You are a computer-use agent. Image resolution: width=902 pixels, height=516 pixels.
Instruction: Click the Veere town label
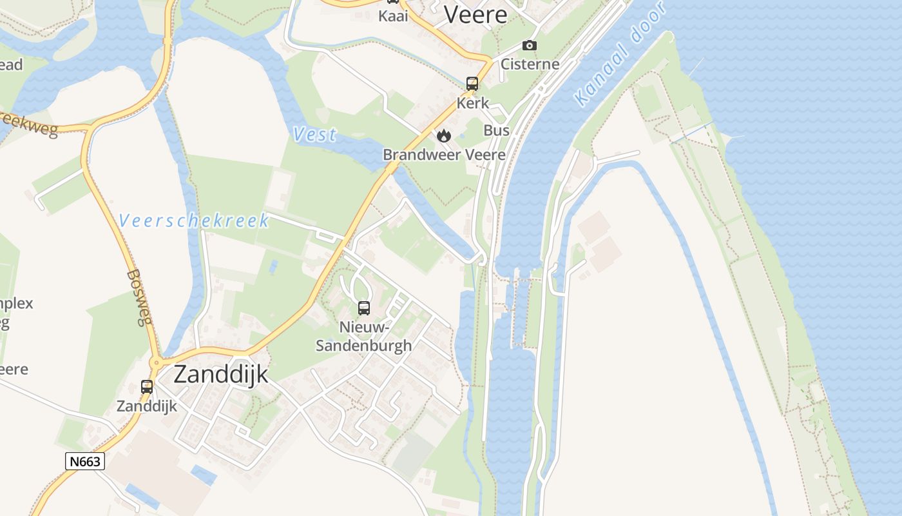[x=475, y=14]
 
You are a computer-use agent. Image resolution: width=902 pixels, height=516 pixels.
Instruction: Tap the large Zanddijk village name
[x=220, y=374]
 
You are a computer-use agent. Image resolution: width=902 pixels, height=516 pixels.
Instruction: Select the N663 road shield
[x=85, y=461]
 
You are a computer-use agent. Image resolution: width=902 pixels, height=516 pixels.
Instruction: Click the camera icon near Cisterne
[x=529, y=45]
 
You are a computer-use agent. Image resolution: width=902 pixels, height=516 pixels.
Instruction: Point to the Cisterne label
[x=530, y=64]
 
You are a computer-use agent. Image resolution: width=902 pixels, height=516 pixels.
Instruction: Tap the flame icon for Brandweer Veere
[x=443, y=135]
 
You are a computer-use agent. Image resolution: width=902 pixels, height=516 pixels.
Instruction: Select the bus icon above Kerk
[x=472, y=84]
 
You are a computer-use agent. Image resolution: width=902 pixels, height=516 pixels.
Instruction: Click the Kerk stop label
[x=472, y=103]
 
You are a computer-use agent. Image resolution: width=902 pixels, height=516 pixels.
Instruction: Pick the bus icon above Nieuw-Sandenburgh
[x=364, y=308]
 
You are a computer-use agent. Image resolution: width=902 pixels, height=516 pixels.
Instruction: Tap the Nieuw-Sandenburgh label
[x=363, y=336]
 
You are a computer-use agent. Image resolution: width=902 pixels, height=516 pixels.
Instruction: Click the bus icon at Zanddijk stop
[x=147, y=387]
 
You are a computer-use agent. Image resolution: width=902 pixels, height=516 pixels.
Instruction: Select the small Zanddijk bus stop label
[x=146, y=406]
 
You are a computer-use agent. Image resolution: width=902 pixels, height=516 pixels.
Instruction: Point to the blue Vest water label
[x=314, y=134]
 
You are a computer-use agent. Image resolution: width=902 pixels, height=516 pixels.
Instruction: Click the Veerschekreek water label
[x=194, y=221]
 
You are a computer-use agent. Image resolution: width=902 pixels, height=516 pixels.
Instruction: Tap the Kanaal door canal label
[x=619, y=58]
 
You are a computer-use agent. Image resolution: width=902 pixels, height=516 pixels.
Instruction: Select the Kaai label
[x=393, y=16]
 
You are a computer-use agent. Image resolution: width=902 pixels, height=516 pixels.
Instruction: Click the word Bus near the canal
[x=496, y=130]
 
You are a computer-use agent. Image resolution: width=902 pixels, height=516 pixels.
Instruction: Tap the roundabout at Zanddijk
[x=156, y=363]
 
